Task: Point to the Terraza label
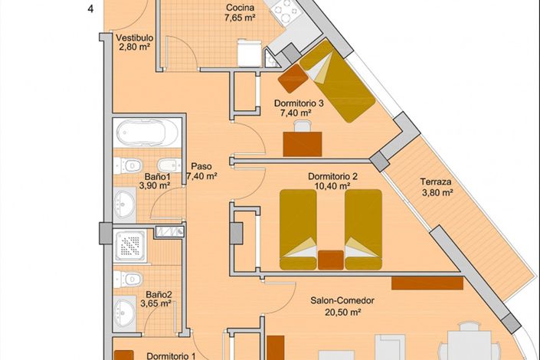point(435,182)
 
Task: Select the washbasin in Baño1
point(124,202)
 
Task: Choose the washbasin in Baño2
point(124,310)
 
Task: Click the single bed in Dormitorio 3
point(335,80)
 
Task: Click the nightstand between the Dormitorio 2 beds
point(331,259)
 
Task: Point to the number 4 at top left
point(91,9)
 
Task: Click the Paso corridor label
point(201,165)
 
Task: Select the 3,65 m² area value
point(155,303)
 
